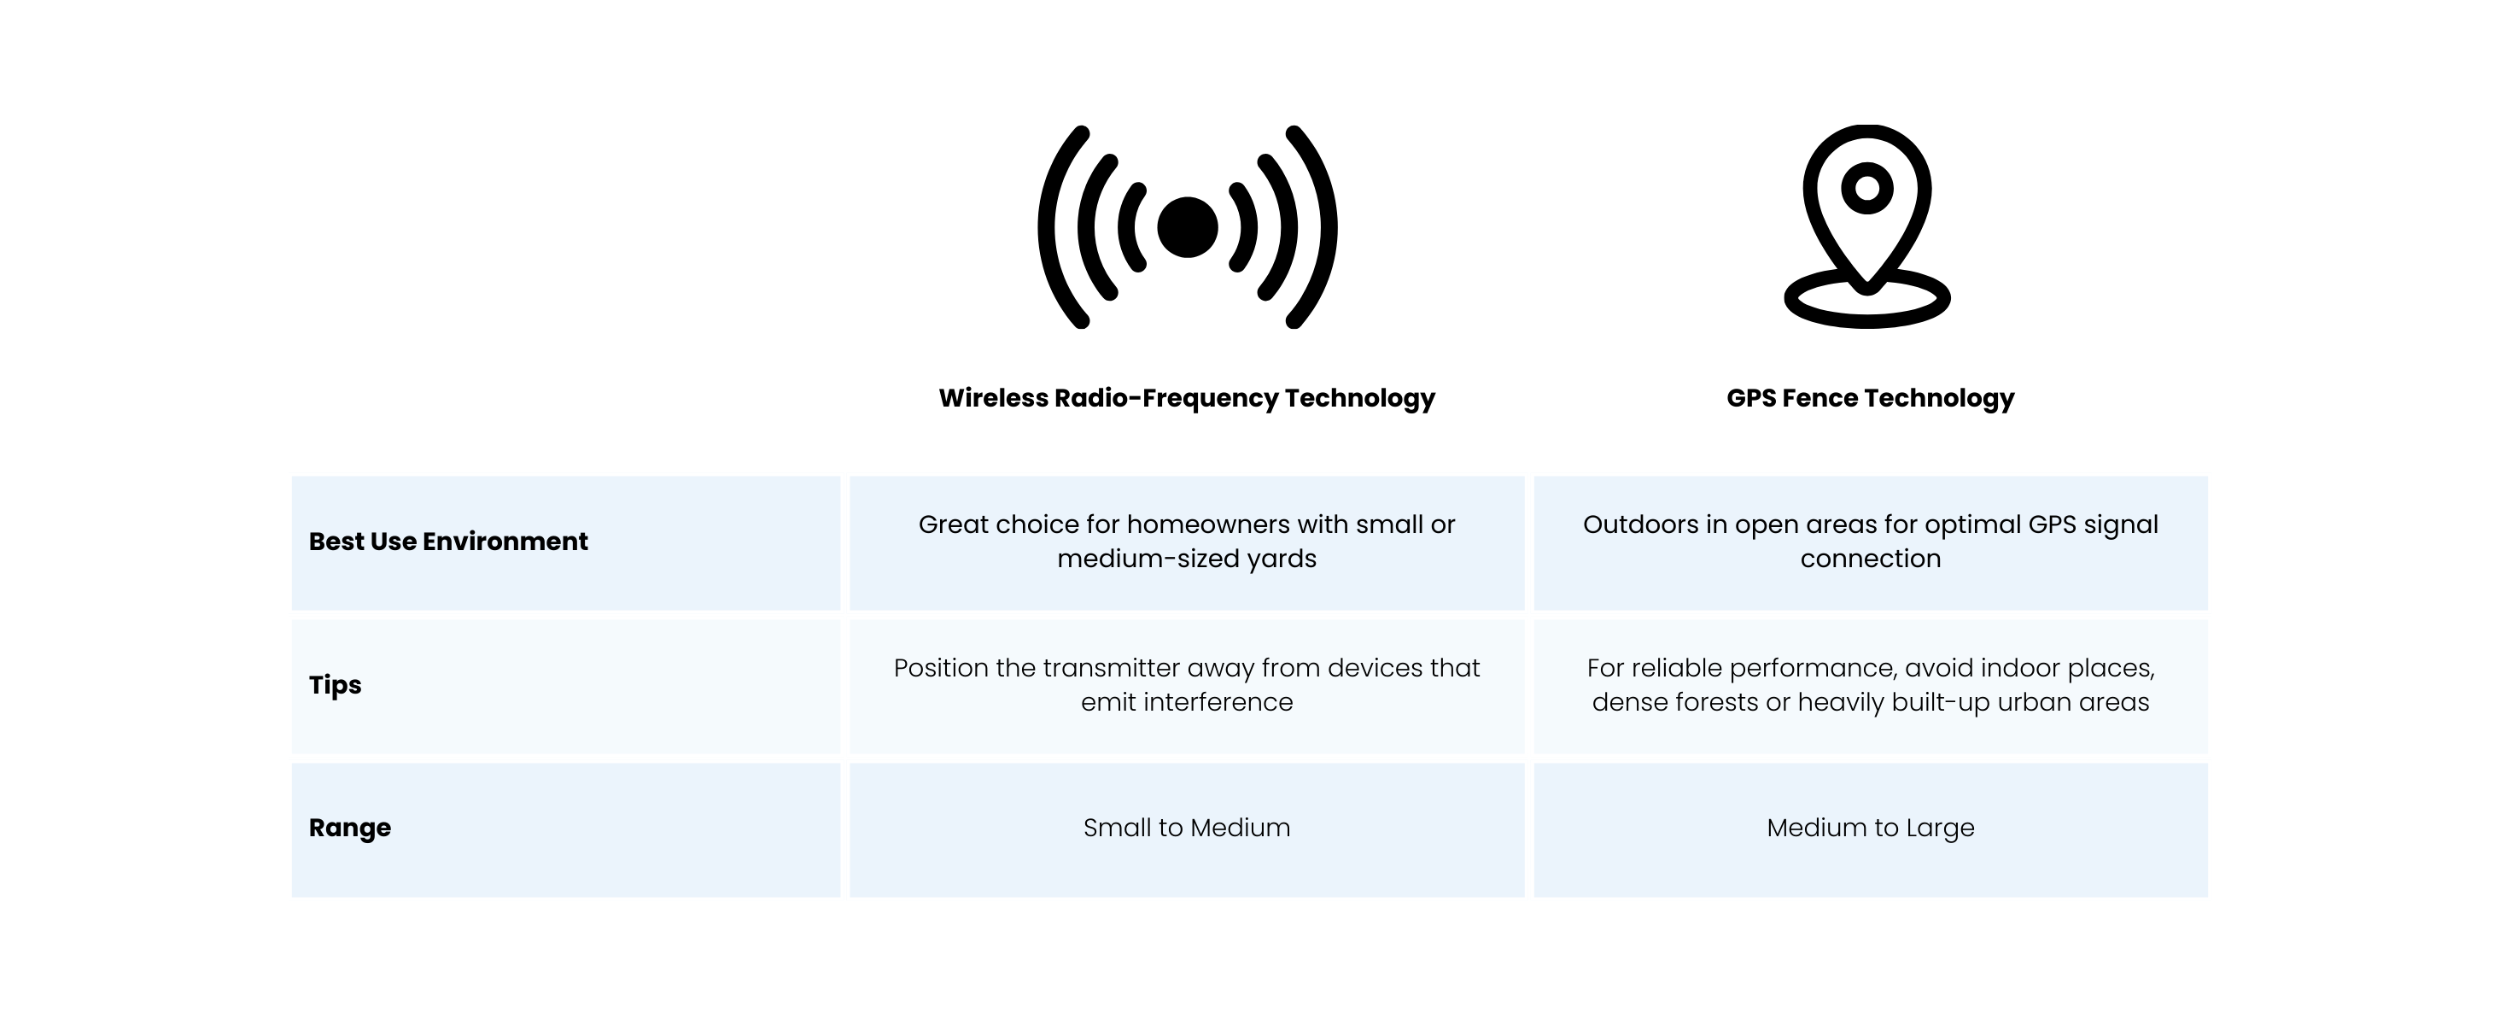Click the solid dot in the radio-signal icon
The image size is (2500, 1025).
click(1187, 227)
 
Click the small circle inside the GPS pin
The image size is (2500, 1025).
click(1867, 188)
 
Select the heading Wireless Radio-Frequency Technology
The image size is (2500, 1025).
click(1187, 398)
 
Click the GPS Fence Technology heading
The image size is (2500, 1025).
click(1870, 398)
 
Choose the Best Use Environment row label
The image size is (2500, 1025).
click(448, 542)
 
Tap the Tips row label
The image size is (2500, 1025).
click(335, 685)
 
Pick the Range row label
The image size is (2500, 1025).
click(349, 828)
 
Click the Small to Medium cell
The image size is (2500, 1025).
click(1187, 828)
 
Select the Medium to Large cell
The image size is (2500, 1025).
click(1870, 828)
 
